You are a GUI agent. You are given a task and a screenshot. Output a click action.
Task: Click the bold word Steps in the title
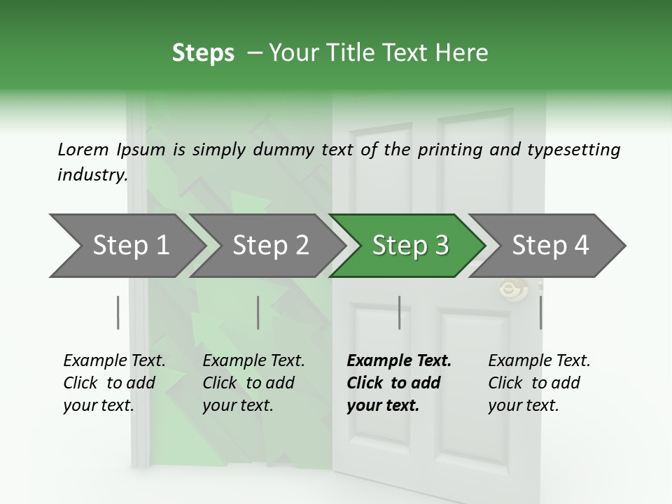pos(203,53)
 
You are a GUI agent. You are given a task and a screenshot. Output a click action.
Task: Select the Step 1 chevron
pos(126,246)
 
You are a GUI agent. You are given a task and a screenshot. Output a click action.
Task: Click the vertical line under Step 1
pos(118,312)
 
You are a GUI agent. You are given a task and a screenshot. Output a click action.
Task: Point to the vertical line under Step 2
pos(258,312)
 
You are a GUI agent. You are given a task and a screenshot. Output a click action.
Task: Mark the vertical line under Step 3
pos(399,312)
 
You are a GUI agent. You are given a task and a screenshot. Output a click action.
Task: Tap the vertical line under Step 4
pos(540,312)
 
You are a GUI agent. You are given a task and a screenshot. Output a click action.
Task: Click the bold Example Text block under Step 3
pos(399,383)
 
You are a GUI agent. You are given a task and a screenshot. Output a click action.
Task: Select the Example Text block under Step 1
pos(114,383)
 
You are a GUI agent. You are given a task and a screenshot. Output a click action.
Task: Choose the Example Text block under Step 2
pos(253,383)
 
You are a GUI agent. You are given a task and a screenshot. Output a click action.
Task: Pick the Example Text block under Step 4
pos(539,383)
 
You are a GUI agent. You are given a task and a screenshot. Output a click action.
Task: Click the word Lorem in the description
pos(83,150)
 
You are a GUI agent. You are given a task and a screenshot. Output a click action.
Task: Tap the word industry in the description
pos(92,175)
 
